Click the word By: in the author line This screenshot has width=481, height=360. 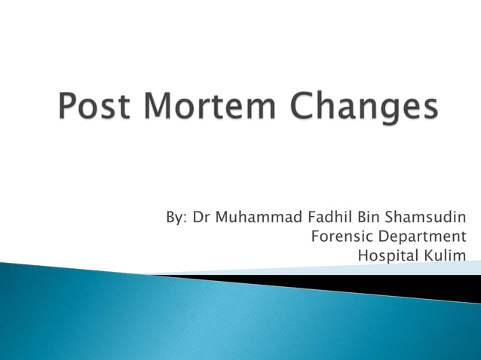[176, 218]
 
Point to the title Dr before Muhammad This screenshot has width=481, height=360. [201, 218]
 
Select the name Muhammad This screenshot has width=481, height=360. [258, 218]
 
